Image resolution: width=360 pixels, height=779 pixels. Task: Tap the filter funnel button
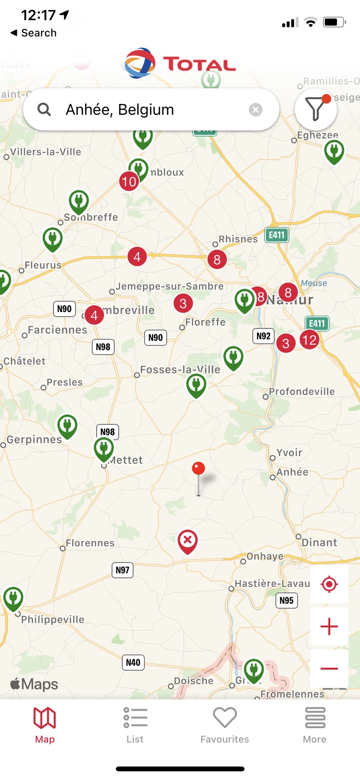(315, 109)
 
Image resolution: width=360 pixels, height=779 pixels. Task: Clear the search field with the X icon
(256, 110)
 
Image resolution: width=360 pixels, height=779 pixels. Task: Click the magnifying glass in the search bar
(44, 109)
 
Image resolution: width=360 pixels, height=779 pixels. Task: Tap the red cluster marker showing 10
(129, 182)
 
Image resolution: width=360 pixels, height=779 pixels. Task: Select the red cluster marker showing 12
(310, 340)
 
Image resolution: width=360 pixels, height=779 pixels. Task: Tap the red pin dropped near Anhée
(198, 469)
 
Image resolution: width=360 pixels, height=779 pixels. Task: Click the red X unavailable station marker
(188, 540)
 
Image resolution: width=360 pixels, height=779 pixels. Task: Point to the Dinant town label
(319, 542)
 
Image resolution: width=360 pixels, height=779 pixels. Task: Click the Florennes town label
(90, 543)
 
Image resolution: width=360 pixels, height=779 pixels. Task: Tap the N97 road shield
(122, 570)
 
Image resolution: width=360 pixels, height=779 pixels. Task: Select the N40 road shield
(133, 663)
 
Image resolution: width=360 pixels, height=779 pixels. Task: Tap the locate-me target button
(329, 584)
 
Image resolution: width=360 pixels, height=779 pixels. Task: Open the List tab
(135, 724)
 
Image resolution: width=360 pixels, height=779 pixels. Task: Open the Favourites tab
(225, 724)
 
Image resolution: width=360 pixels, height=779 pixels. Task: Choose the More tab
(315, 724)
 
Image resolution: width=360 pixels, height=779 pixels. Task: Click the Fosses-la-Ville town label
(180, 370)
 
